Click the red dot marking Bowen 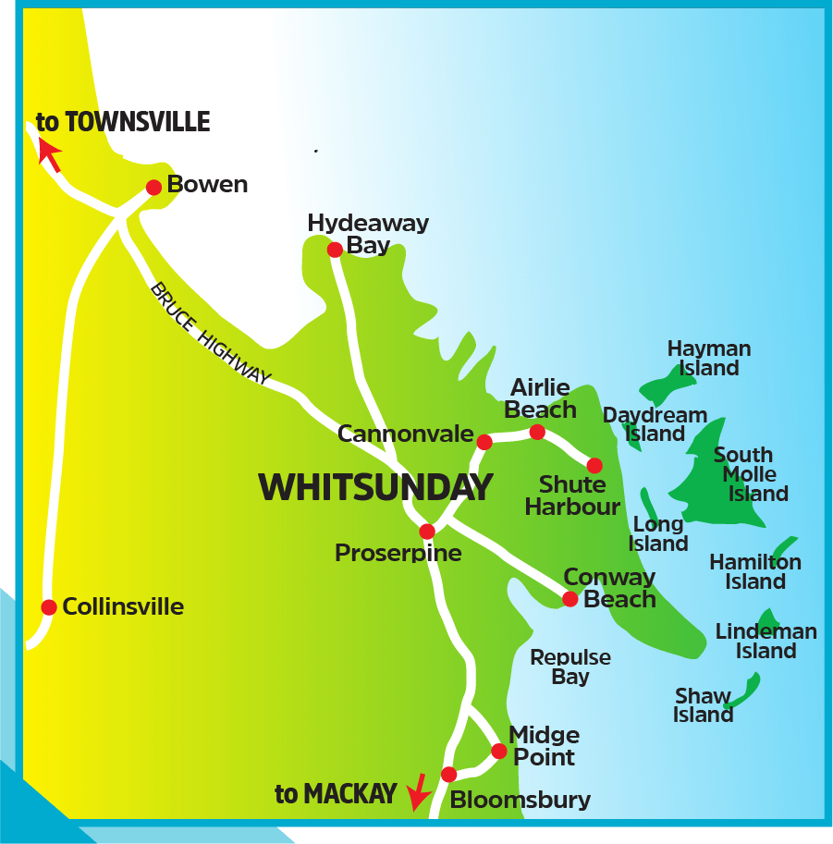pyautogui.click(x=154, y=187)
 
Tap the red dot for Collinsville pyautogui.click(x=49, y=607)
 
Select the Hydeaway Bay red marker pyautogui.click(x=335, y=250)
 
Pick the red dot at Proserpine pyautogui.click(x=427, y=532)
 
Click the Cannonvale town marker pyautogui.click(x=484, y=442)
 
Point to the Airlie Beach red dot pyautogui.click(x=537, y=432)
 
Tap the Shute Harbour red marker pyautogui.click(x=594, y=466)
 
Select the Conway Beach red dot pyautogui.click(x=570, y=599)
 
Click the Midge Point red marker pyautogui.click(x=499, y=751)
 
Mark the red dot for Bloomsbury pyautogui.click(x=449, y=774)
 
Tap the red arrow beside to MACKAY pyautogui.click(x=418, y=790)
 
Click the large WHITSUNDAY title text pyautogui.click(x=375, y=487)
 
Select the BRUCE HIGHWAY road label pyautogui.click(x=211, y=334)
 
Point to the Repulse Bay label pyautogui.click(x=570, y=667)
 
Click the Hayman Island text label pyautogui.click(x=709, y=359)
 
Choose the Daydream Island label pyautogui.click(x=655, y=424)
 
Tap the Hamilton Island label pyautogui.click(x=755, y=571)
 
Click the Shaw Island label pyautogui.click(x=704, y=705)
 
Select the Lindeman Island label pyautogui.click(x=766, y=641)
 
